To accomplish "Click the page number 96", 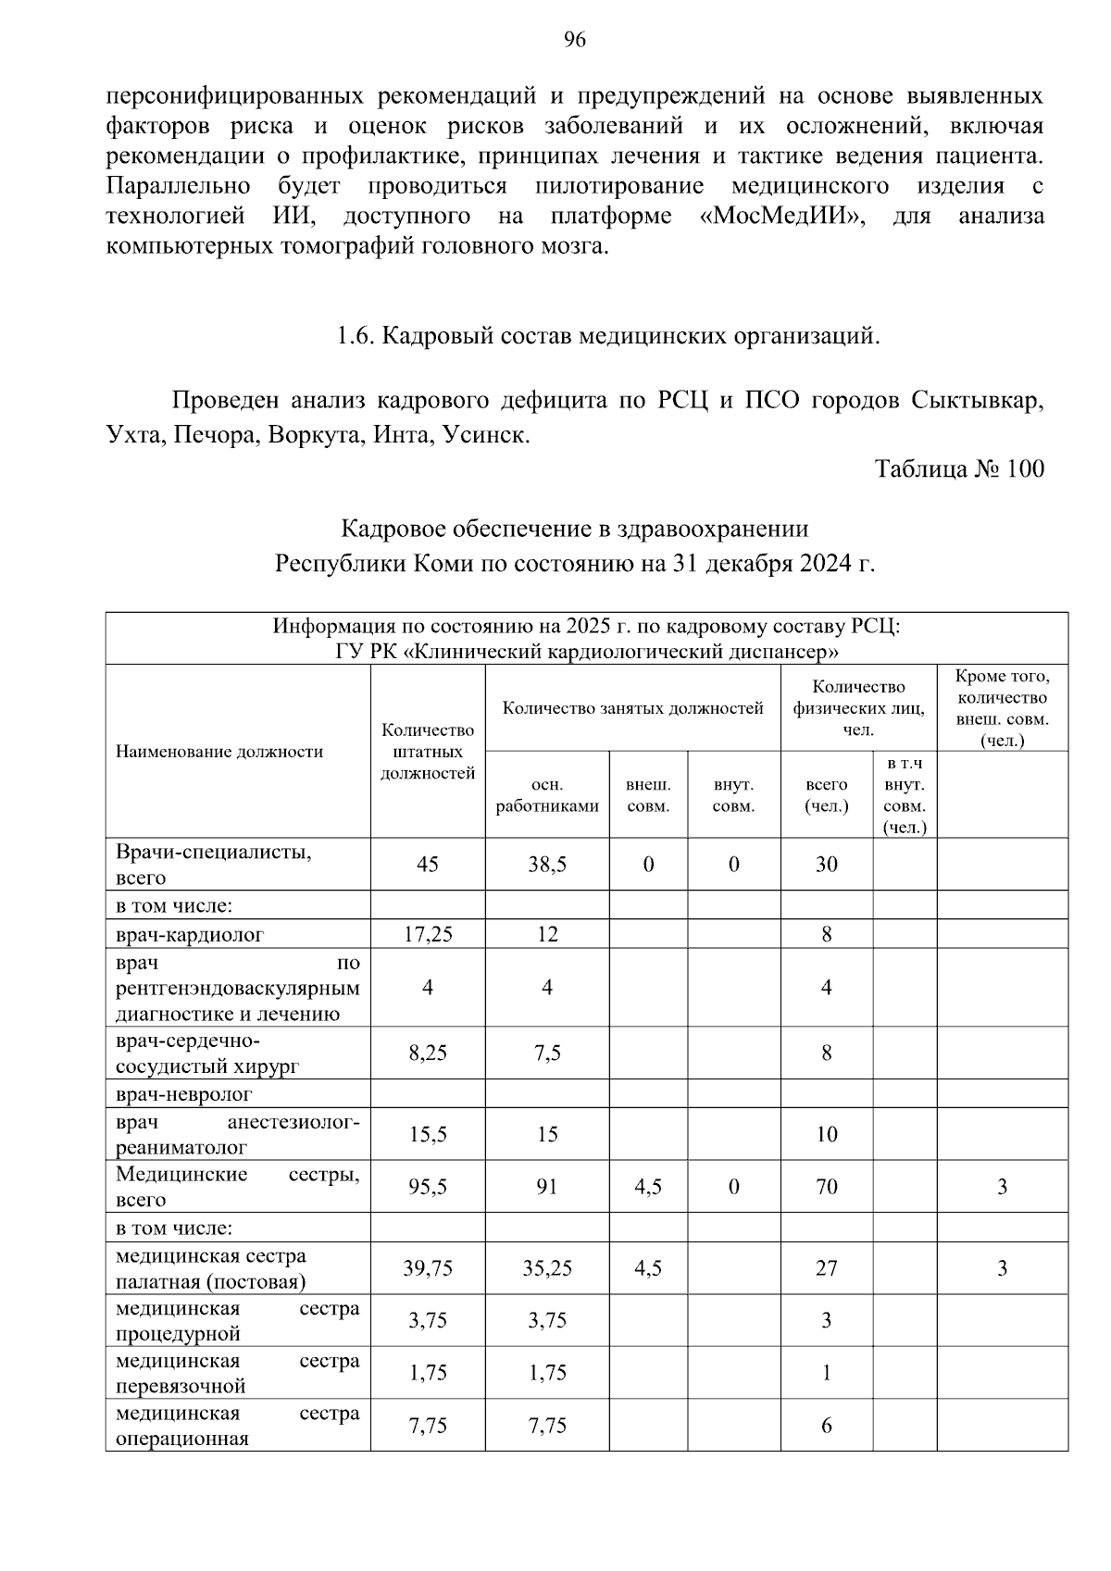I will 574,40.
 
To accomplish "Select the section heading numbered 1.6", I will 607,336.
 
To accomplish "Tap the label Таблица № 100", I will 959,468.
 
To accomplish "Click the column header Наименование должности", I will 219,752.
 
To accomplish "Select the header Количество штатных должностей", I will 428,752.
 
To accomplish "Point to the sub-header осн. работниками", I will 547,794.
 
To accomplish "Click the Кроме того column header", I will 1002,707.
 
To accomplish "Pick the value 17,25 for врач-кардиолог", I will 428,934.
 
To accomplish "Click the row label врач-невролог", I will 184,1094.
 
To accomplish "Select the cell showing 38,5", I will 547,865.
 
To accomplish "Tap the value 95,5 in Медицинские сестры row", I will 428,1187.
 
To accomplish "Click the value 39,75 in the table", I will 428,1268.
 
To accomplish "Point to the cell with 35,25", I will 547,1268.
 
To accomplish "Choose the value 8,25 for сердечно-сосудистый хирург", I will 428,1053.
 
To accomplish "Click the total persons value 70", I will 826,1187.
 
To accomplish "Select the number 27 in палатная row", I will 826,1268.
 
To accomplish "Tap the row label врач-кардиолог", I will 190,934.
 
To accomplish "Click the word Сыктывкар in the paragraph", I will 977,402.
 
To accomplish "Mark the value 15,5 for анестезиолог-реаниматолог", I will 428,1134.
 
